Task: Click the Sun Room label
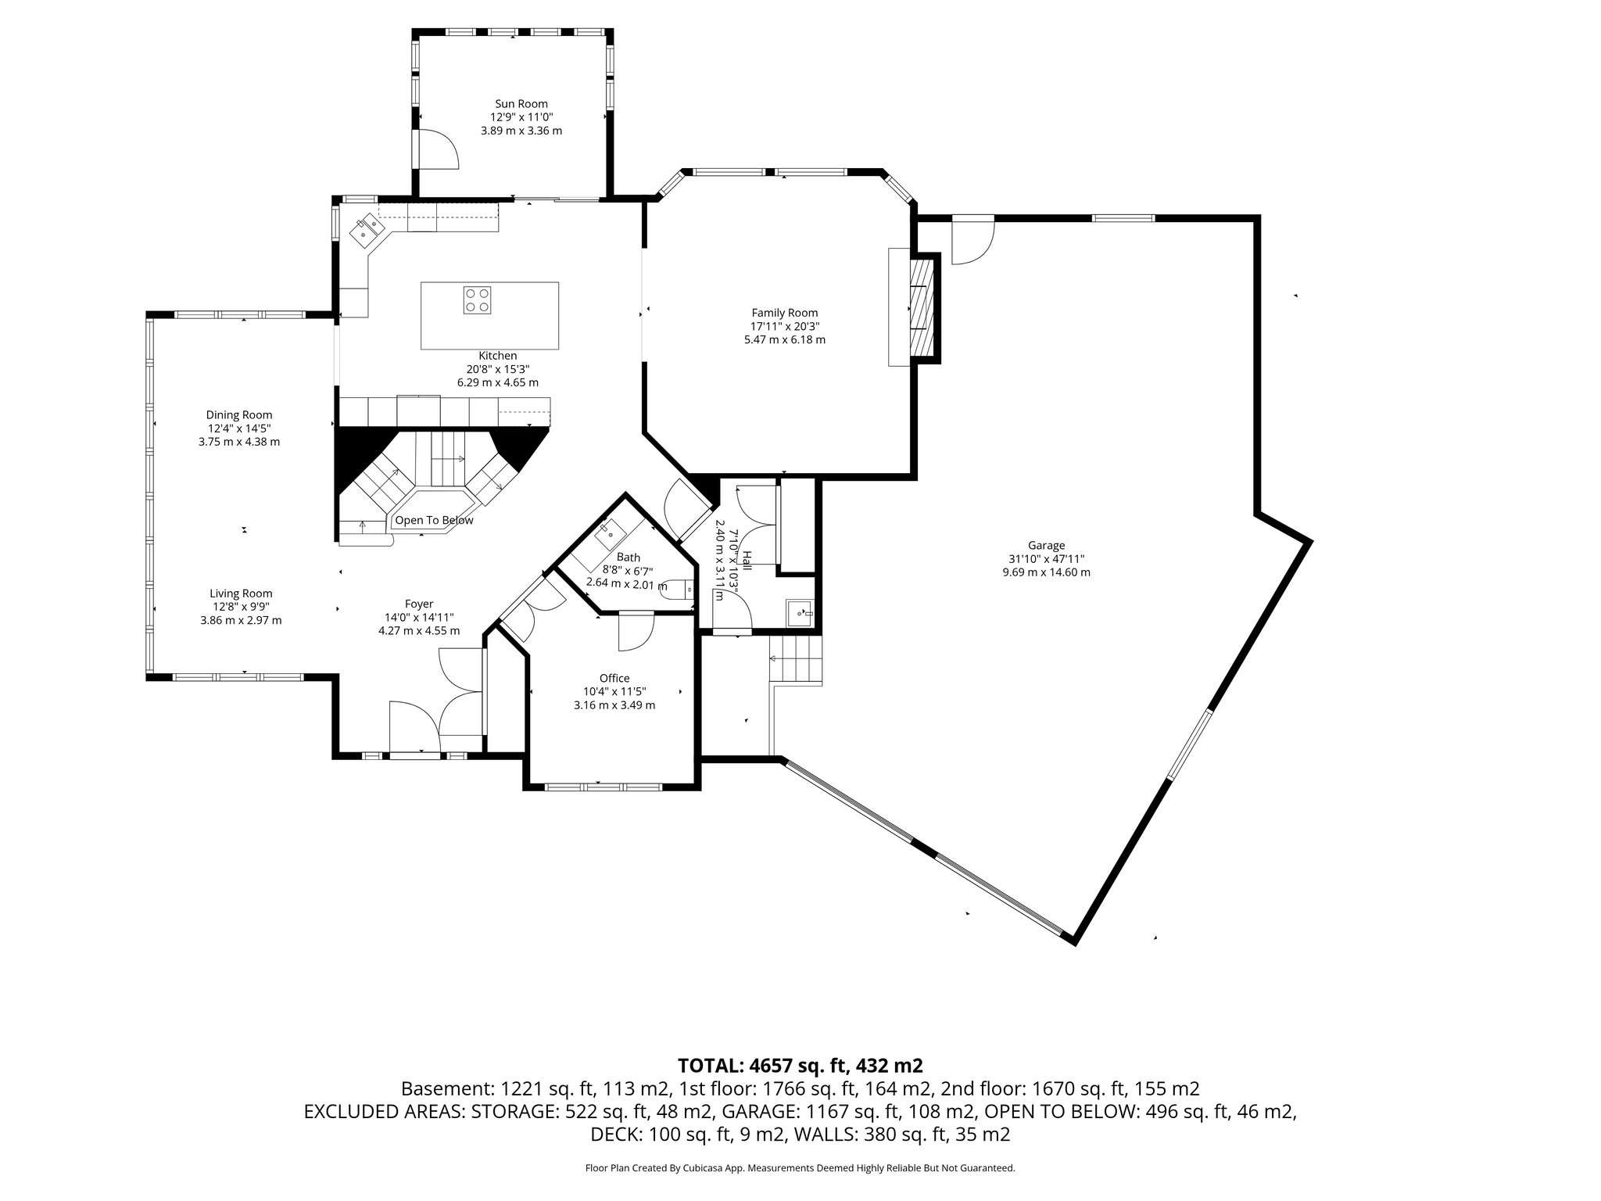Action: (x=521, y=104)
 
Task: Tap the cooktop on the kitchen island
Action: (x=477, y=300)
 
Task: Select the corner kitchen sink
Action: (x=368, y=228)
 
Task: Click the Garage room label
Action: (x=1046, y=546)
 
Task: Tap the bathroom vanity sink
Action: (x=609, y=535)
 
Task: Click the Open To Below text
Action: (x=434, y=520)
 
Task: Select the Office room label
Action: (x=614, y=678)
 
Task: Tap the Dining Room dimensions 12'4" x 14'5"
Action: (x=239, y=428)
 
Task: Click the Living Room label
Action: (x=241, y=593)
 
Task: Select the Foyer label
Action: (x=419, y=604)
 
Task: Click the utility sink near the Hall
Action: (x=800, y=612)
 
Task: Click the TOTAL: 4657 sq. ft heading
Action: (x=800, y=1065)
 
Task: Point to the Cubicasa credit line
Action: (x=800, y=1168)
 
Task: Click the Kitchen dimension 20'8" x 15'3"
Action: (x=498, y=369)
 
